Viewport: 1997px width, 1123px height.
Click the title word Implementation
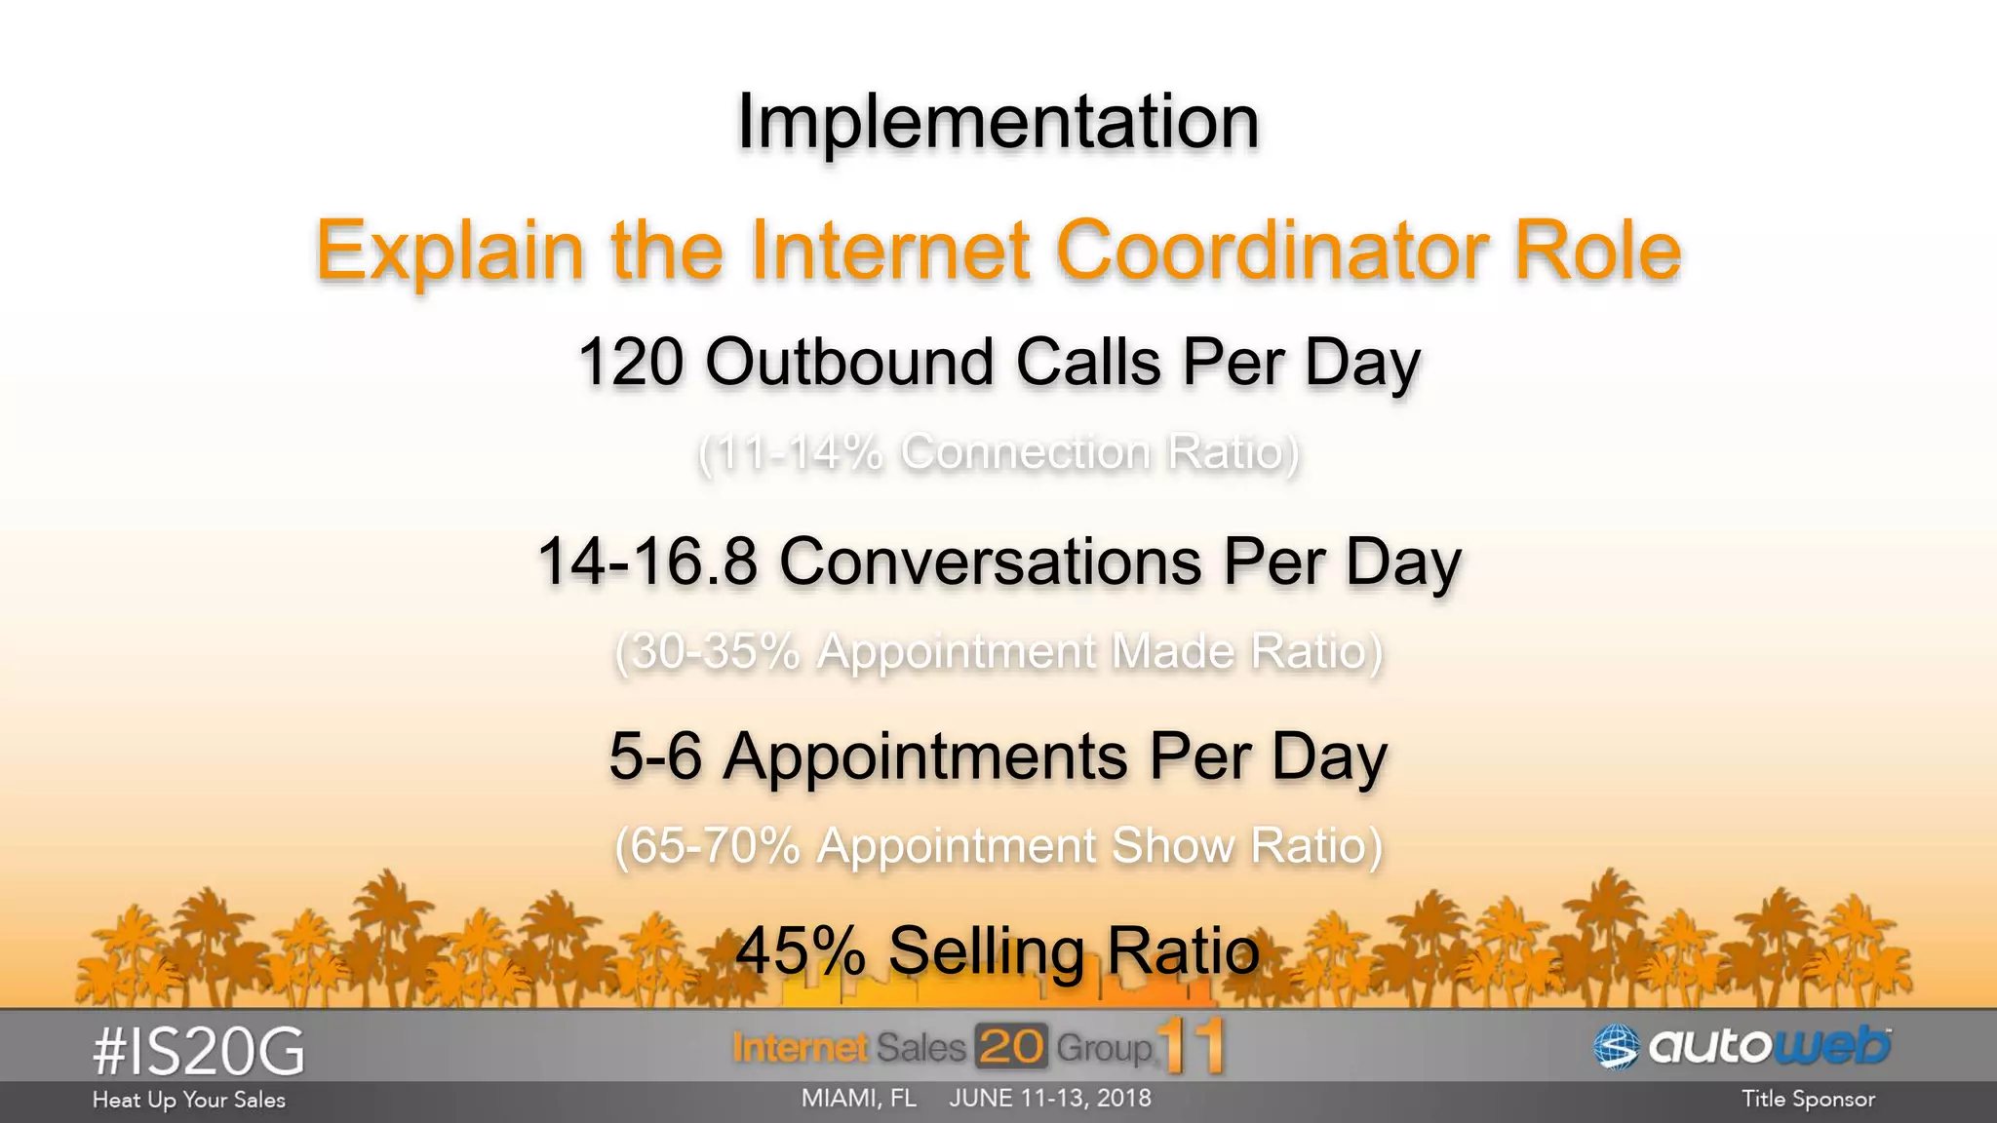[998, 122]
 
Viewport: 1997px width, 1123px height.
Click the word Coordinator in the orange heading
[1273, 251]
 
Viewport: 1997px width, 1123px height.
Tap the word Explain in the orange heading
[450, 252]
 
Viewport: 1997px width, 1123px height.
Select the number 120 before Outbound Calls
[631, 363]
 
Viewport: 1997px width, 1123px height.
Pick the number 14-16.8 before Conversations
[647, 561]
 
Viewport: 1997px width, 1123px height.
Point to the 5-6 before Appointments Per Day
[655, 756]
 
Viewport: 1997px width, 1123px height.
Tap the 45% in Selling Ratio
[801, 950]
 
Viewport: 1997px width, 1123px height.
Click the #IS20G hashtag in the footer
[199, 1052]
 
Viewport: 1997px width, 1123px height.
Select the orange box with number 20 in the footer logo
[1011, 1047]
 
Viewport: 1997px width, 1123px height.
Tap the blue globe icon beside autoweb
[1617, 1047]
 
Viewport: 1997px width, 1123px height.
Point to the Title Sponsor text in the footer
[1808, 1100]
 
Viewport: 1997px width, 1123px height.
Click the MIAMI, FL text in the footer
[858, 1099]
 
